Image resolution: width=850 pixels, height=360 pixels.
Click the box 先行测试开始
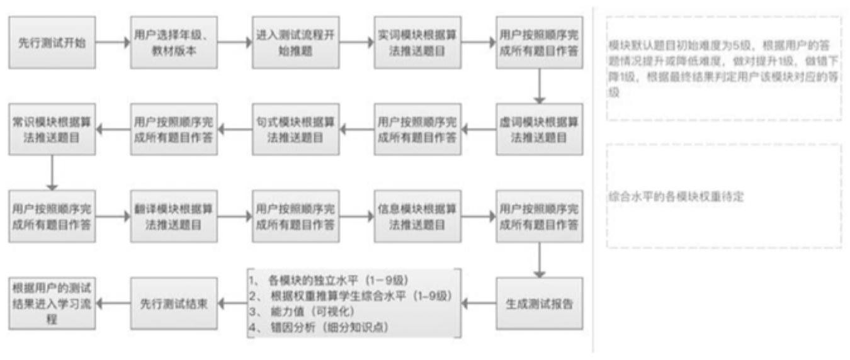[52, 43]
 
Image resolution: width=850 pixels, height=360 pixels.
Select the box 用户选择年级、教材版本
[174, 43]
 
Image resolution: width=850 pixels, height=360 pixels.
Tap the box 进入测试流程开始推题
[295, 43]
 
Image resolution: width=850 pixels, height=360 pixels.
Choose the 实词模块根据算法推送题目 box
[417, 43]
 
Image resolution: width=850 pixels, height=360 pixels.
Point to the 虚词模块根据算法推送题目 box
[538, 129]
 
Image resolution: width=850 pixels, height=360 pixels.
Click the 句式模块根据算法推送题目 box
[295, 129]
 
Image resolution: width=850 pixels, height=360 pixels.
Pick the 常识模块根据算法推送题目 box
[52, 129]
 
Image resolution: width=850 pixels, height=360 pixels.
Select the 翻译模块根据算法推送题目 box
[174, 216]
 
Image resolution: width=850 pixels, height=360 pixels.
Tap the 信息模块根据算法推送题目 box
[417, 216]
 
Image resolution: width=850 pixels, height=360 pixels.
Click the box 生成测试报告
[538, 303]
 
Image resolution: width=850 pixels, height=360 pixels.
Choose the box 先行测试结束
[174, 303]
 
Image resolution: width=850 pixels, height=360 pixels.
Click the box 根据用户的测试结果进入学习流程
[52, 303]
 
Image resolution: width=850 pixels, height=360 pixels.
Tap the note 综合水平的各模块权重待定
[676, 197]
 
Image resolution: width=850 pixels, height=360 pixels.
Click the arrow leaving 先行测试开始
[113, 43]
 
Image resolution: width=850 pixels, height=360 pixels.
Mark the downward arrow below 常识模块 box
[52, 172]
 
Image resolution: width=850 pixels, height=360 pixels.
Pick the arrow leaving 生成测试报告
[479, 303]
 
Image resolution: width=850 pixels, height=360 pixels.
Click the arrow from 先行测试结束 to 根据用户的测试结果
[113, 303]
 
